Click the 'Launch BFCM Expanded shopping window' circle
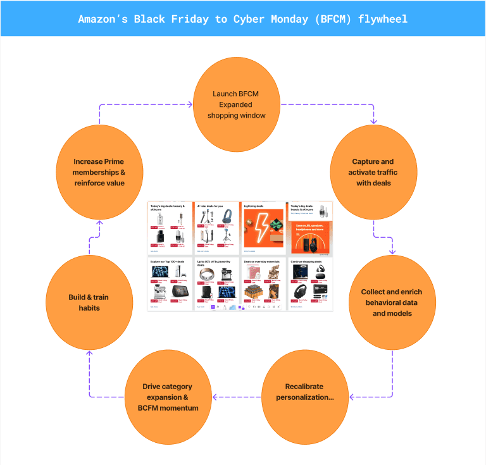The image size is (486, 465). click(235, 105)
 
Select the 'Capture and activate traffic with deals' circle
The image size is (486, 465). click(373, 173)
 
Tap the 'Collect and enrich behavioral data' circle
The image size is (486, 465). click(392, 302)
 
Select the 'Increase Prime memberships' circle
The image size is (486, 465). click(99, 172)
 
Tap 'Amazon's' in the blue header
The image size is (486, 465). click(103, 18)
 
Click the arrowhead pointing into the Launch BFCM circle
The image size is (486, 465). click(189, 104)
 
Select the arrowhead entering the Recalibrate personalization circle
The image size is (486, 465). click(352, 397)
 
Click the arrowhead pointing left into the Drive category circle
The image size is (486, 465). click(215, 397)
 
